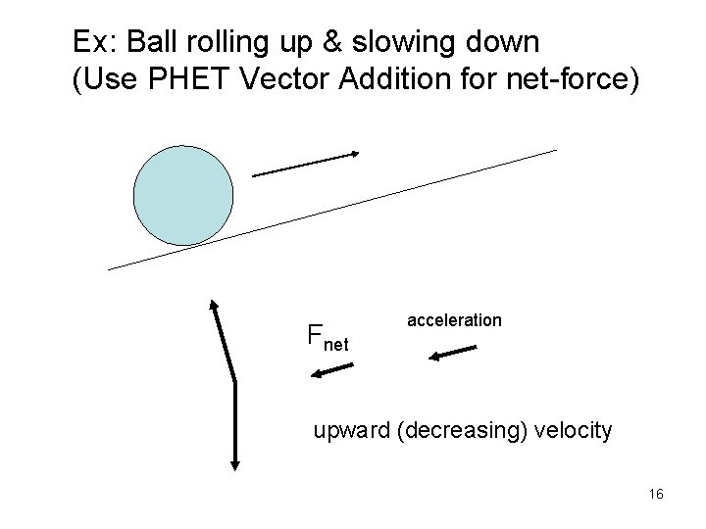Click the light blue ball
point(183,196)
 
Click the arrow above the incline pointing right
point(306,164)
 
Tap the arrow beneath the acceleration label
point(451,354)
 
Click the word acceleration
point(454,320)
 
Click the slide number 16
point(656,494)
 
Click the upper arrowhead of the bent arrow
point(213,305)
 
